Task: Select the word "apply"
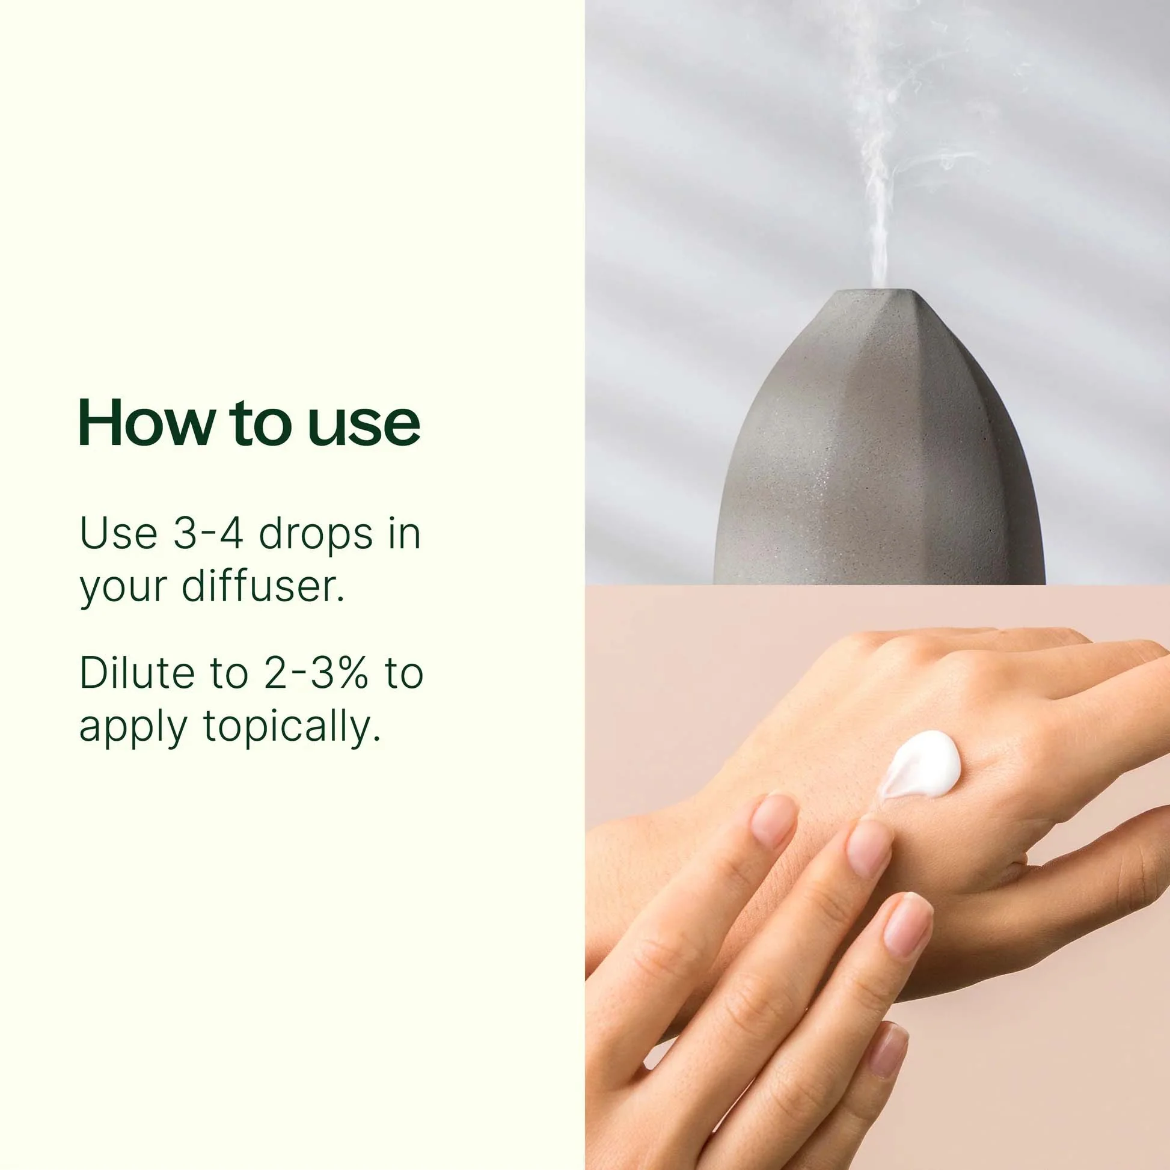(x=133, y=727)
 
